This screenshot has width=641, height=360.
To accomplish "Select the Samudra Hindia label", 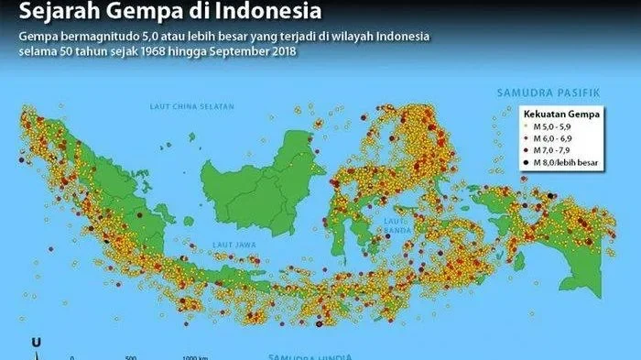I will pyautogui.click(x=301, y=355).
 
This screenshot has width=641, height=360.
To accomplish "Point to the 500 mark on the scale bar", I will pyautogui.click(x=131, y=357).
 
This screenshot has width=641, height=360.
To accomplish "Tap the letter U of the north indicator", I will pyautogui.click(x=36, y=343).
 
